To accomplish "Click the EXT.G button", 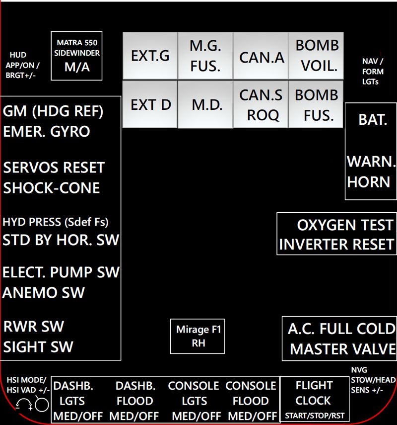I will pyautogui.click(x=150, y=56).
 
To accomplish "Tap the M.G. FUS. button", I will pyautogui.click(x=205, y=56).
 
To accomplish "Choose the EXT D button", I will pyautogui.click(x=150, y=105).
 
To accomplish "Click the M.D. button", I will pyautogui.click(x=205, y=105).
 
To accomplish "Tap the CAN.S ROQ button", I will pyautogui.click(x=261, y=105).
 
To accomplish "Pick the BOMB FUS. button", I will pyautogui.click(x=316, y=105).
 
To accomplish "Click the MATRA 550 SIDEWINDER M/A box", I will pyautogui.click(x=77, y=56).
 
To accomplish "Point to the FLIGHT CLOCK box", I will pyautogui.click(x=314, y=399).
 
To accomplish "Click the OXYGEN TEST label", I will pyautogui.click(x=344, y=225).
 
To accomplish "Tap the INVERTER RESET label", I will pyautogui.click(x=336, y=245).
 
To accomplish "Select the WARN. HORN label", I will pyautogui.click(x=371, y=171).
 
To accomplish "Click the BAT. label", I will pyautogui.click(x=373, y=120).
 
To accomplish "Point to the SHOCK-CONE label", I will pyautogui.click(x=52, y=188).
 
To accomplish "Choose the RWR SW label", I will pyautogui.click(x=34, y=327).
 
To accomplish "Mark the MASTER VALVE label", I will pyautogui.click(x=342, y=349).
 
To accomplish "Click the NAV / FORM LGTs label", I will pyautogui.click(x=373, y=71).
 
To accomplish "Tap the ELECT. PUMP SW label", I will pyautogui.click(x=61, y=272).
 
